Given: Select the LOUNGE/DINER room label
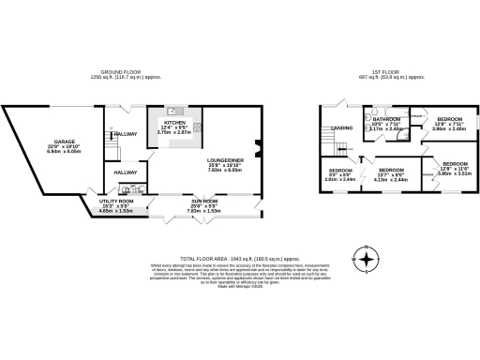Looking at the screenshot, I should (226, 161).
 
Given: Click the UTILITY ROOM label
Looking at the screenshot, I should (116, 202).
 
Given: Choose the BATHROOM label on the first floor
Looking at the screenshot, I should (386, 120).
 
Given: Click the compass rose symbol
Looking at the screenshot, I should (367, 260).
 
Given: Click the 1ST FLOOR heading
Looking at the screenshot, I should (380, 71).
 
